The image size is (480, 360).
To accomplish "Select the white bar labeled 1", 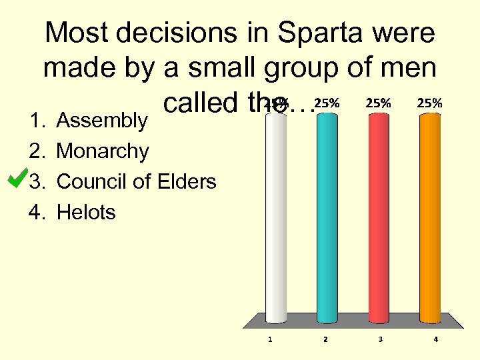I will (276, 220).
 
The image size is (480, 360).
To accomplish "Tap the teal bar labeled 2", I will (326, 220).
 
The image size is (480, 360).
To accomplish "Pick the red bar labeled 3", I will (379, 220).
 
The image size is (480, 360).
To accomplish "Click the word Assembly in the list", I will (101, 121).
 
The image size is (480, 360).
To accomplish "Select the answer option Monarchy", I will (103, 152).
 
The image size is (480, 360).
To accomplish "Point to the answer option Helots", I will (86, 213).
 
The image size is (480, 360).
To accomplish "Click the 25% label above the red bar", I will (379, 103).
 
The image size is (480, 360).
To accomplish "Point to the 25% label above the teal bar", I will (326, 103).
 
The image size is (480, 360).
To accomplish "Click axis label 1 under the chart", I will (270, 339).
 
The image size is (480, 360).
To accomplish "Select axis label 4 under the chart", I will (435, 339).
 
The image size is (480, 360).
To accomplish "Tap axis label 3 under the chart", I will (380, 339).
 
